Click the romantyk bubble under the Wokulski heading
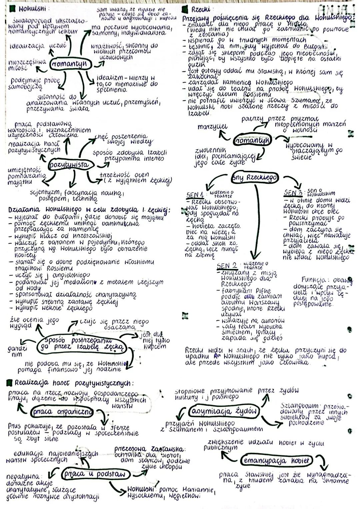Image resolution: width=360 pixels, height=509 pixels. coord(70,64)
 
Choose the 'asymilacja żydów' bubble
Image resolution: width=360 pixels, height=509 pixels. coord(224,410)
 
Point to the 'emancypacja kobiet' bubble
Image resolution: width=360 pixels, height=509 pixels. coord(276,461)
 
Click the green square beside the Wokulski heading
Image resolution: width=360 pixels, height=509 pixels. coord(12,7)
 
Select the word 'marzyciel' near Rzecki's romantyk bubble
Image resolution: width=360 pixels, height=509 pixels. coord(213,127)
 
